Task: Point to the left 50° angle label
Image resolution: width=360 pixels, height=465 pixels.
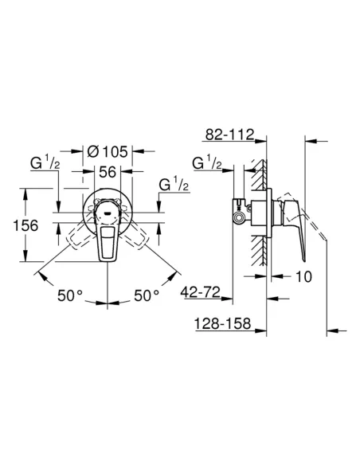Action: coord(69,295)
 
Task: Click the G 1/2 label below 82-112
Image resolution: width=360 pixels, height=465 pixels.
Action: coord(209,165)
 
